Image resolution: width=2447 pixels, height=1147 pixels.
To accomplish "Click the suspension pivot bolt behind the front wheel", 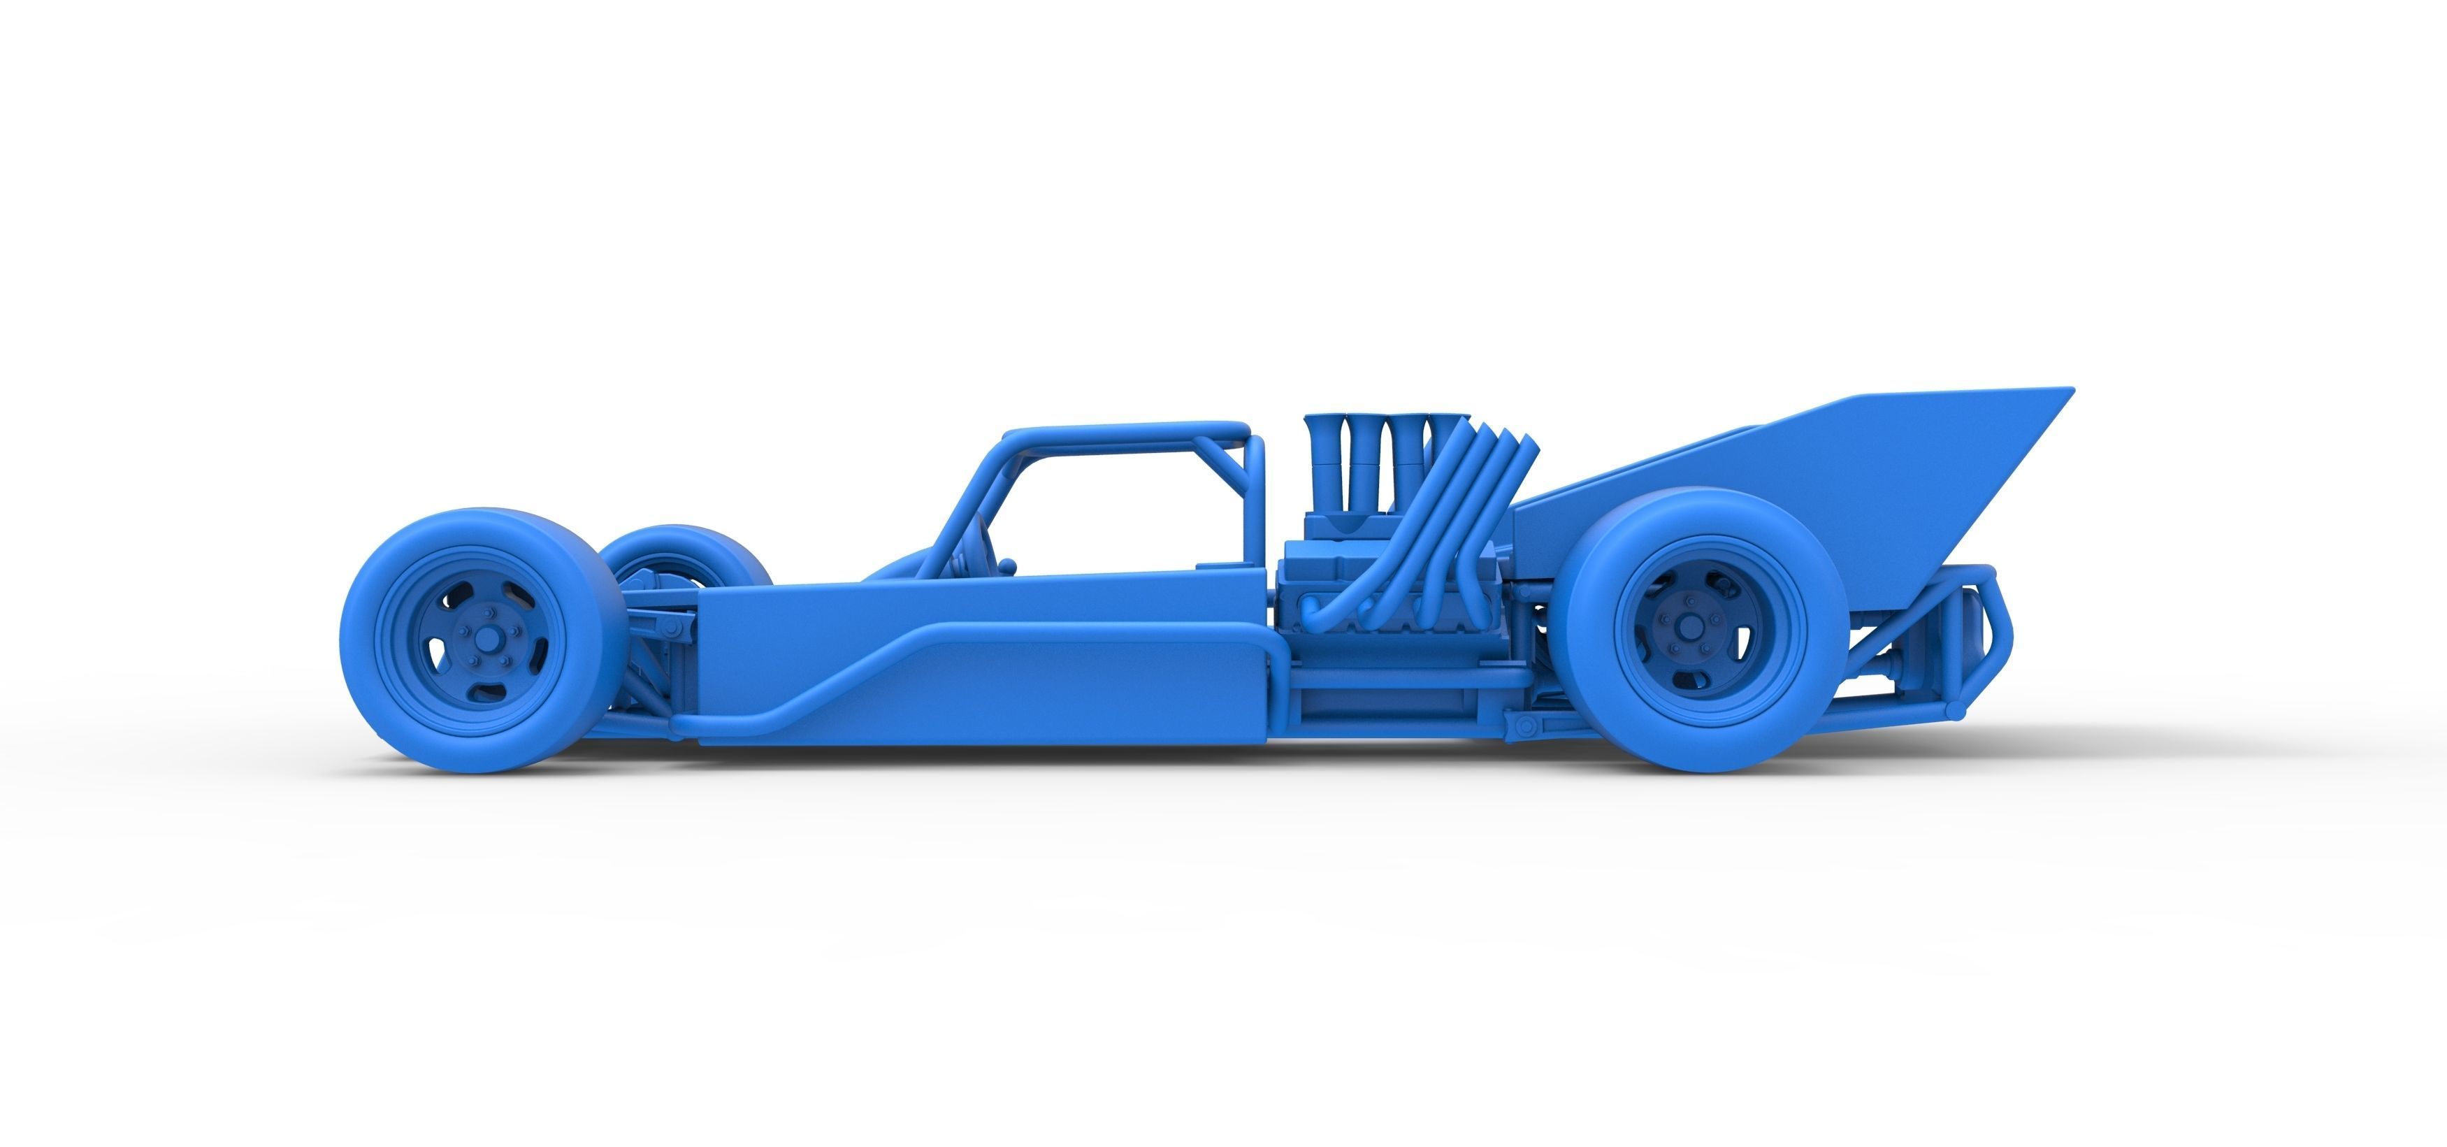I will pos(671,629).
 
